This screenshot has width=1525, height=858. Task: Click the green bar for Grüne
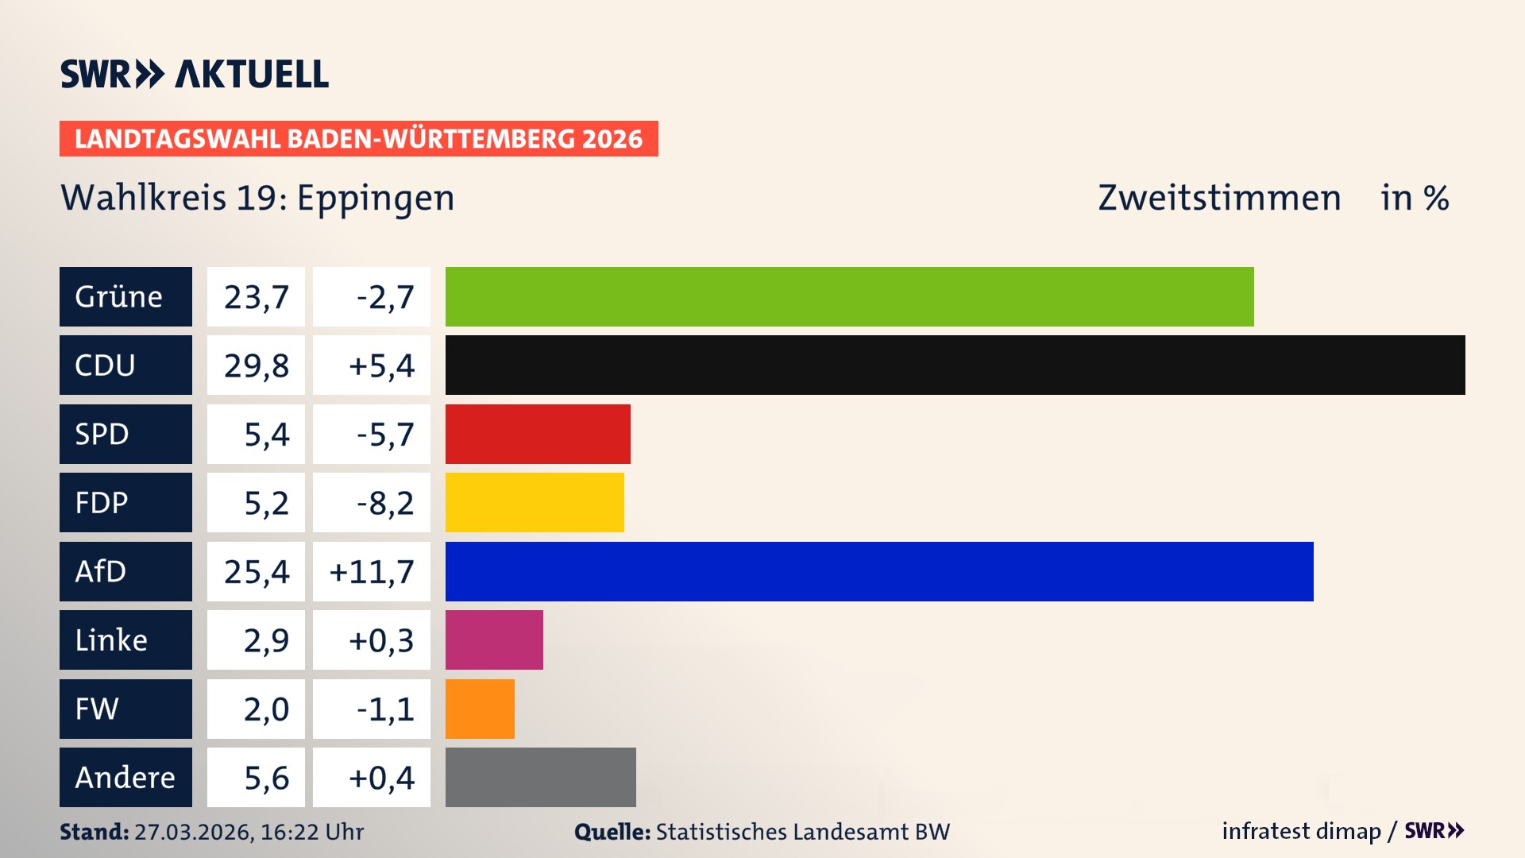pyautogui.click(x=849, y=296)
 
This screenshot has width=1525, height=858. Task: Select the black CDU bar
pyautogui.click(x=955, y=365)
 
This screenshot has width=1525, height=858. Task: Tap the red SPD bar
pyautogui.click(x=538, y=434)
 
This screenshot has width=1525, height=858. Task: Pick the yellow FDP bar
pyautogui.click(x=535, y=503)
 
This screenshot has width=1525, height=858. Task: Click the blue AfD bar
pyautogui.click(x=879, y=571)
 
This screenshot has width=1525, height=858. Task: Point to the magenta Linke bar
pyautogui.click(x=494, y=640)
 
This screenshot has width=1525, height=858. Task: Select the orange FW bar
pyautogui.click(x=480, y=709)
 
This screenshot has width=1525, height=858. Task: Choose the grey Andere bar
pyautogui.click(x=540, y=777)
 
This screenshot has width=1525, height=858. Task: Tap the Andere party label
pyautogui.click(x=125, y=777)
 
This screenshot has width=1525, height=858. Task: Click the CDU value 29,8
pyautogui.click(x=256, y=365)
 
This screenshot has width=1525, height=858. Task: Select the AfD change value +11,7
pyautogui.click(x=372, y=571)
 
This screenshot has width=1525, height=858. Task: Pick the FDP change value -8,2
pyautogui.click(x=384, y=503)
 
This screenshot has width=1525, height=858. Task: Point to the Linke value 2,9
pyautogui.click(x=265, y=640)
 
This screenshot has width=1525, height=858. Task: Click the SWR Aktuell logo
pyautogui.click(x=195, y=74)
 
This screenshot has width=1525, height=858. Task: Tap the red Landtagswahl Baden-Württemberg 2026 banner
pyautogui.click(x=358, y=139)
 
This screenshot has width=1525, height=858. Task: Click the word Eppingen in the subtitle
pyautogui.click(x=376, y=199)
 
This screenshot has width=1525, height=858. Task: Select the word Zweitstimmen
pyautogui.click(x=1219, y=199)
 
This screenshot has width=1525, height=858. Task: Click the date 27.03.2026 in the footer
pyautogui.click(x=193, y=832)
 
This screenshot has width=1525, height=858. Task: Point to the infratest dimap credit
pyautogui.click(x=1301, y=831)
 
